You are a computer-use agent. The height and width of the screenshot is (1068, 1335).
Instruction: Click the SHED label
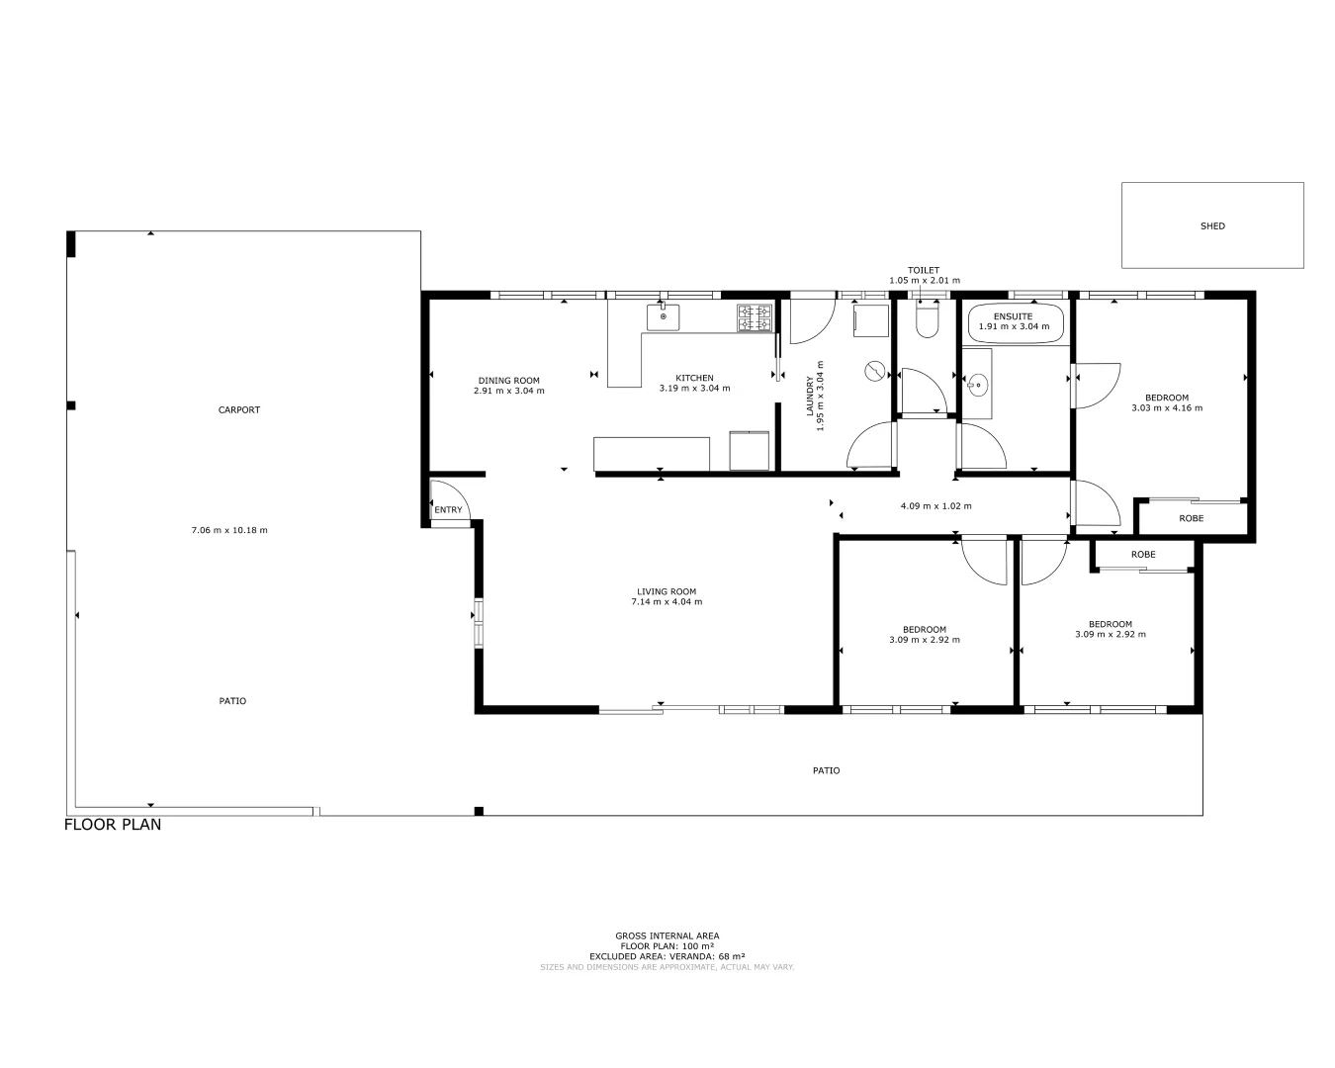tap(1212, 226)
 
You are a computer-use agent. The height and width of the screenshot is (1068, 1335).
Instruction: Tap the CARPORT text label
tap(239, 410)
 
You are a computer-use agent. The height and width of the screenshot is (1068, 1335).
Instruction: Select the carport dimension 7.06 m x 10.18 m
tap(229, 530)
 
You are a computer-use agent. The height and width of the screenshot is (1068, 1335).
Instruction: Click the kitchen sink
tap(664, 316)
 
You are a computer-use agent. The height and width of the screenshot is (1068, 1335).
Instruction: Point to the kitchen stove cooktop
tap(755, 317)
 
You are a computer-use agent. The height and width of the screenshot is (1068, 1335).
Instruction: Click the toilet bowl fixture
tap(927, 319)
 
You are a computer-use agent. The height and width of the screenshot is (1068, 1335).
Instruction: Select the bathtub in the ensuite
tap(1015, 322)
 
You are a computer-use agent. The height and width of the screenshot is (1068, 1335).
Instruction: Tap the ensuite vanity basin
tap(977, 384)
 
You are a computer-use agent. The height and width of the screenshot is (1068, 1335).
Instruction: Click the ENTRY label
tap(448, 510)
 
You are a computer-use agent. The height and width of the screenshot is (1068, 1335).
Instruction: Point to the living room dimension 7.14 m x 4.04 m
tap(667, 602)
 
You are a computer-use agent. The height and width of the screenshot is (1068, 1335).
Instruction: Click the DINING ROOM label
tap(509, 381)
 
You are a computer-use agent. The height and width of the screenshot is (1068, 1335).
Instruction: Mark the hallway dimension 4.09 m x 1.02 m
tap(935, 506)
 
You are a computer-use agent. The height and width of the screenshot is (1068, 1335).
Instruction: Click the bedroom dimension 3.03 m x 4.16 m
tap(1167, 407)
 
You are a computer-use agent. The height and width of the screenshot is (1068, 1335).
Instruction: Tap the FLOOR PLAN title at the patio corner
tap(113, 825)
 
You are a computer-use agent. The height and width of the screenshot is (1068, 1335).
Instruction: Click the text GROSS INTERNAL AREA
tap(667, 935)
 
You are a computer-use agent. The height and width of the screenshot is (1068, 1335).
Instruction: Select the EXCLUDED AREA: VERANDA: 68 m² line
tap(667, 956)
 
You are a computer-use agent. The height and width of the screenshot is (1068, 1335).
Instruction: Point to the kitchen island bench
tap(652, 454)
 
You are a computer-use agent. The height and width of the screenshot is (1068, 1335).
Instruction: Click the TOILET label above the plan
tap(924, 270)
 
